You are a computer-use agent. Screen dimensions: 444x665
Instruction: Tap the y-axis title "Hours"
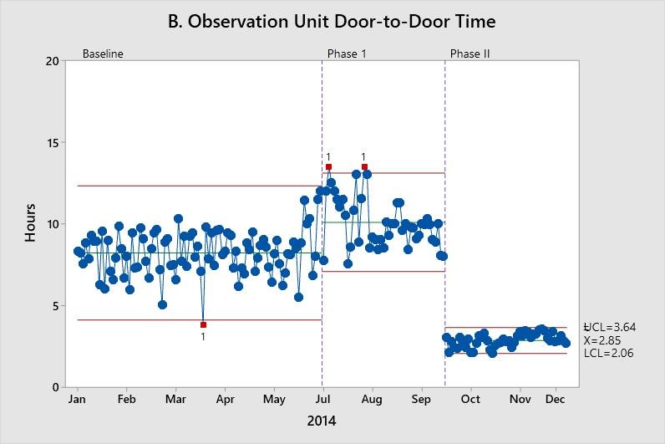click(x=30, y=224)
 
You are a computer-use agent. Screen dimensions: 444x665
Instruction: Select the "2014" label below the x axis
click(x=322, y=421)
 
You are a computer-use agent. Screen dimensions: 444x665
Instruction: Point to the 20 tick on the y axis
click(x=52, y=61)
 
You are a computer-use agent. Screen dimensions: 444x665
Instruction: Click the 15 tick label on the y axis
click(x=52, y=143)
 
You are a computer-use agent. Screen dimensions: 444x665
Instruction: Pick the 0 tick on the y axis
click(x=55, y=387)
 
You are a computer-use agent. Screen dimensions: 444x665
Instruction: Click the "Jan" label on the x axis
click(x=78, y=400)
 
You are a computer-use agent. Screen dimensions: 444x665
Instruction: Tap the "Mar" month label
click(x=175, y=400)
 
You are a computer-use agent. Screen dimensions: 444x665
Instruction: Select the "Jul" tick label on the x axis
click(x=323, y=400)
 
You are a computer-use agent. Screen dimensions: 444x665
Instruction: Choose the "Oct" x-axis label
click(x=470, y=400)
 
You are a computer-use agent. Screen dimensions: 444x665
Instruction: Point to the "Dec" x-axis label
click(x=555, y=400)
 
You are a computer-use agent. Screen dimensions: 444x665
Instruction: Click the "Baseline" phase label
click(x=103, y=54)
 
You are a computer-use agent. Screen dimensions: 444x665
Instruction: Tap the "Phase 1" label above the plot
click(x=347, y=54)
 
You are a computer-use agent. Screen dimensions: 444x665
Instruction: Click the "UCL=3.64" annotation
click(x=610, y=327)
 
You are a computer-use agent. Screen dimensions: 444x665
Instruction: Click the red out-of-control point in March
click(x=203, y=324)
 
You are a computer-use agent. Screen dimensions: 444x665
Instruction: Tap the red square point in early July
click(x=328, y=167)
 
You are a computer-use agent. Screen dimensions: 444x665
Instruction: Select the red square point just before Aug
click(x=364, y=167)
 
